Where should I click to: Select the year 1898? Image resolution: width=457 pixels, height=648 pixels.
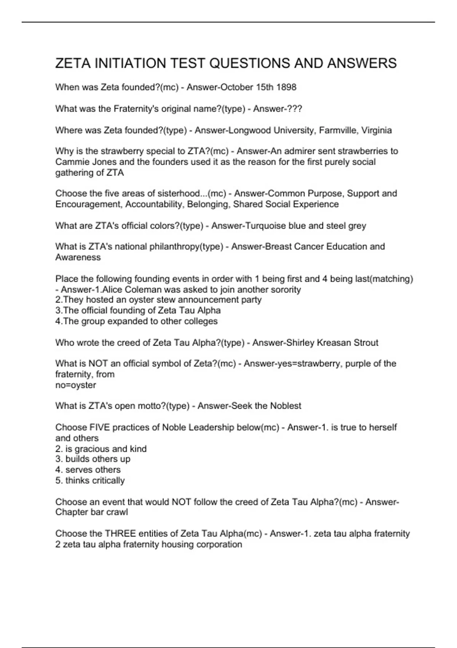286,87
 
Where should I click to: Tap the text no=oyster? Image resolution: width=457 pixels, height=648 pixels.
75,385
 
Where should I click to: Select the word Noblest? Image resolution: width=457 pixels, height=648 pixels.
285,406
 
